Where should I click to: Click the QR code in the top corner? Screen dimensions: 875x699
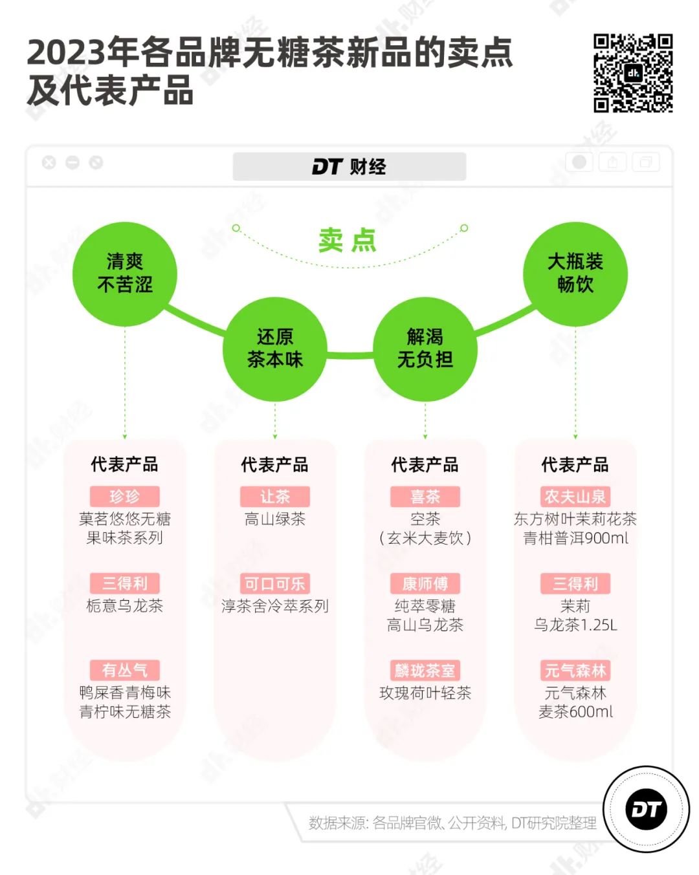(x=633, y=73)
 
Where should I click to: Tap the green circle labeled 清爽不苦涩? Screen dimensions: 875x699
(x=125, y=274)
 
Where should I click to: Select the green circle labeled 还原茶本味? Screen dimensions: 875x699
(x=275, y=349)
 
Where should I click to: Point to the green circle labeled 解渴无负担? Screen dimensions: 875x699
(x=425, y=349)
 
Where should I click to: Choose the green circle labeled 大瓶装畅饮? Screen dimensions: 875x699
(x=575, y=274)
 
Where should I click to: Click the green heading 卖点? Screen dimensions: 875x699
(x=348, y=241)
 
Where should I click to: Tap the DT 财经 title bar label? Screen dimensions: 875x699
(x=349, y=167)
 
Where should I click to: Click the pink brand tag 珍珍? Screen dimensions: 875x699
(x=125, y=497)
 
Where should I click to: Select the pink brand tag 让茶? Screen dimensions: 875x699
(x=275, y=497)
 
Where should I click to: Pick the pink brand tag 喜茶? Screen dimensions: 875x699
(x=425, y=497)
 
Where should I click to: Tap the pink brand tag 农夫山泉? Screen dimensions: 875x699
(x=575, y=497)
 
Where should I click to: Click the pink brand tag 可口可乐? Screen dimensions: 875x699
(x=275, y=584)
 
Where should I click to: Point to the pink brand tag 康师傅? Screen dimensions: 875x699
(x=425, y=584)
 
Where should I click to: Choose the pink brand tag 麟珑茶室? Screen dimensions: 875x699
(x=425, y=671)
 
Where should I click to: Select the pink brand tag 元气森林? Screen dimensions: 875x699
(x=575, y=671)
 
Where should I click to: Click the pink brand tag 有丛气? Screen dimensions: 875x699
(x=125, y=671)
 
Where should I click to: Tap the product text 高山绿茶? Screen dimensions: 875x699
(x=275, y=519)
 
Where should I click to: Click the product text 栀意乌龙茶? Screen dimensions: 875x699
(x=125, y=606)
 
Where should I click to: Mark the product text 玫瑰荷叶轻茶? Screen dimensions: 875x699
(x=425, y=693)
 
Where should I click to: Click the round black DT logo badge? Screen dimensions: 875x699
(x=646, y=809)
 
